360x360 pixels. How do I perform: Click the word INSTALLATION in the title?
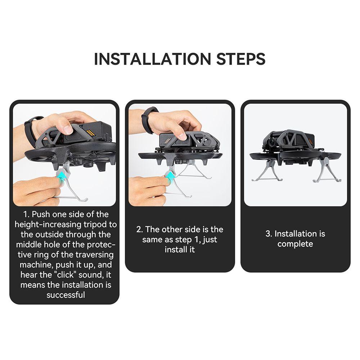click(x=152, y=59)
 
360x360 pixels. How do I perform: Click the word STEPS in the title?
click(x=240, y=59)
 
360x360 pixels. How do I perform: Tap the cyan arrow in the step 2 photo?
click(x=170, y=176)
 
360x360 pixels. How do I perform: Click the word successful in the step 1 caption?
click(x=66, y=295)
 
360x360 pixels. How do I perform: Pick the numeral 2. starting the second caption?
click(x=140, y=229)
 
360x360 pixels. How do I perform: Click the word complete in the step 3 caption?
click(x=295, y=244)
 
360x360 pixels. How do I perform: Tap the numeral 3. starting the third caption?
click(x=269, y=234)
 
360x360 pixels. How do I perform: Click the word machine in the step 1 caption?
click(x=36, y=265)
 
